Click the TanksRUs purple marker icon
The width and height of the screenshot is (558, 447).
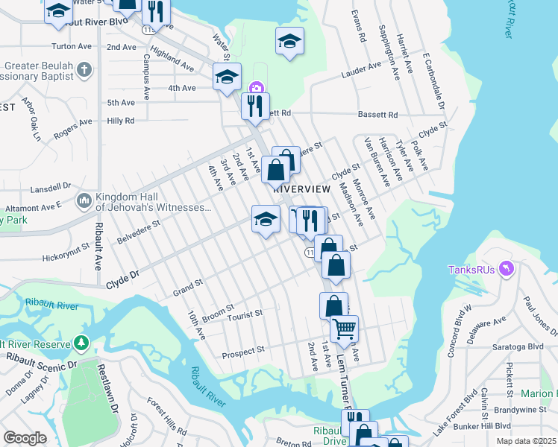click(x=507, y=267)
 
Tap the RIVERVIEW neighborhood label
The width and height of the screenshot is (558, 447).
click(x=301, y=189)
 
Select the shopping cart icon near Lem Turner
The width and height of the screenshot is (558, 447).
click(x=344, y=327)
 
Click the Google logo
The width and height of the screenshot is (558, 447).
click(x=25, y=438)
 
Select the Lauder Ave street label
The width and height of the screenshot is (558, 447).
click(x=361, y=74)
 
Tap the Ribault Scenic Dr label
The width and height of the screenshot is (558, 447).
click(x=40, y=367)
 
